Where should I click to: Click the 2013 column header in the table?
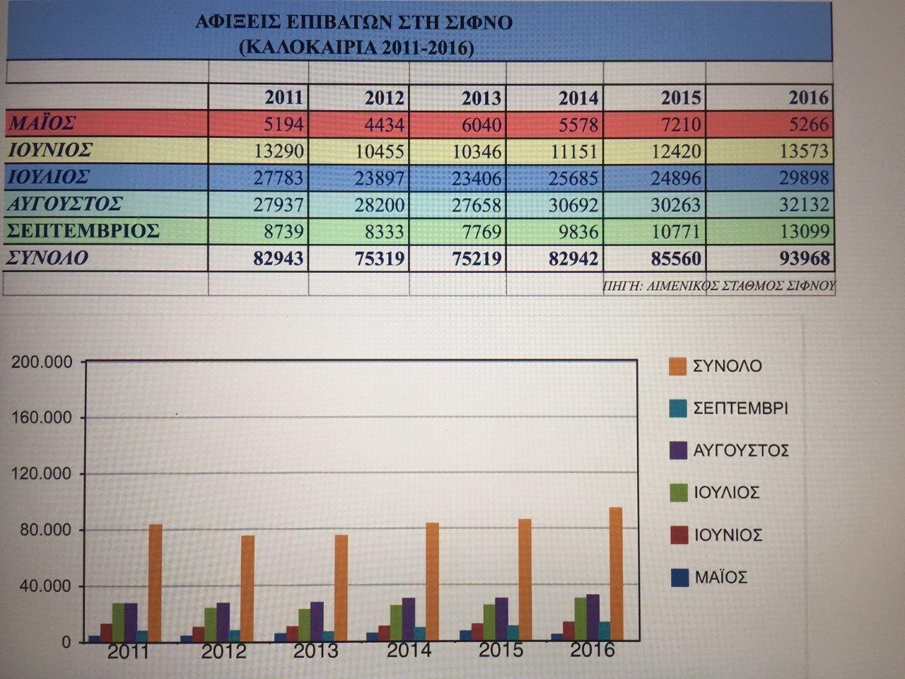pos(480,98)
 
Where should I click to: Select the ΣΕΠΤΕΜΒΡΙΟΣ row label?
pos(83,231)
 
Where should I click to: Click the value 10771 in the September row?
pos(677,232)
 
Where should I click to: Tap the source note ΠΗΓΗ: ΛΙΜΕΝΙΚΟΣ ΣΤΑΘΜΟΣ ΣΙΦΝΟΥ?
pos(718,286)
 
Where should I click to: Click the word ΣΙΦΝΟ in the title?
pos(480,23)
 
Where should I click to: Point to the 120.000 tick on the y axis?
pos(43,474)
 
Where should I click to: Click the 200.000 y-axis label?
pos(43,362)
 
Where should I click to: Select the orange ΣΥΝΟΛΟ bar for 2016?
pos(615,574)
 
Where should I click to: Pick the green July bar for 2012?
pos(211,624)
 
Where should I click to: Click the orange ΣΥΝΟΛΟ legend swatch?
pos(677,366)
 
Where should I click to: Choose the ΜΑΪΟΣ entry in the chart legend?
pos(720,577)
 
